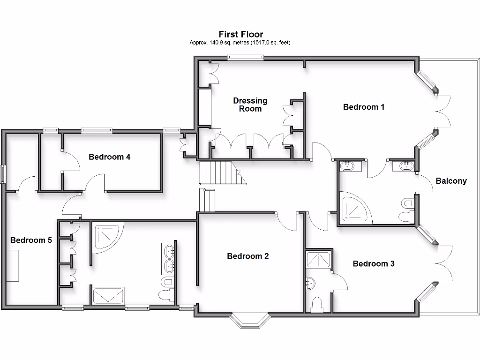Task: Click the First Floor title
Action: tap(241, 34)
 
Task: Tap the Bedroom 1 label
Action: tap(364, 107)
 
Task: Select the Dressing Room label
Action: tap(250, 105)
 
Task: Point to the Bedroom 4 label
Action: tap(110, 157)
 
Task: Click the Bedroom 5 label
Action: tap(31, 240)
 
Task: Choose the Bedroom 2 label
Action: tap(247, 256)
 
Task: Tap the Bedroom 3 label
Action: tap(374, 263)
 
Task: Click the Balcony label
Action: tap(451, 181)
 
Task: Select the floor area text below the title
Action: tap(240, 43)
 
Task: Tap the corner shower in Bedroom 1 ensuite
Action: tap(353, 208)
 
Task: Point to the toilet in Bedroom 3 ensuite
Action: tap(318, 304)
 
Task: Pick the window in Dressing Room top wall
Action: tap(246, 58)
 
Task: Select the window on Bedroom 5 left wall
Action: tap(3, 174)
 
